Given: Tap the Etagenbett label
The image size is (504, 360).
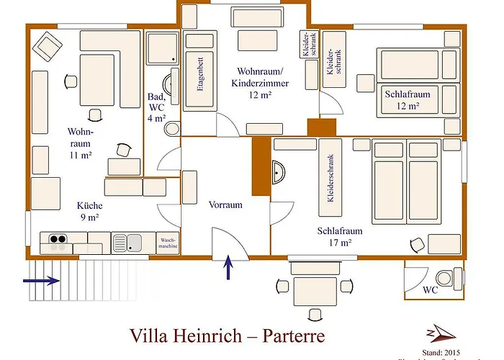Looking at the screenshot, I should pos(199,81).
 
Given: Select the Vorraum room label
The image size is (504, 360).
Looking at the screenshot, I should pos(225,204).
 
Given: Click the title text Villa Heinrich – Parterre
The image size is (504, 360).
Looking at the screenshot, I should pos(227,336).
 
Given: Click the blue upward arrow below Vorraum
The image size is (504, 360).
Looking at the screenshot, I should pos(229,267).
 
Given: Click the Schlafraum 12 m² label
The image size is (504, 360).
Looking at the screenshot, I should pos(408,100).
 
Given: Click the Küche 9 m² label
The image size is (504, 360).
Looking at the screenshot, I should pos(89,211).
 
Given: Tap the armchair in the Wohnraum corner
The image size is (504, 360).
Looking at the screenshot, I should pos(48,47).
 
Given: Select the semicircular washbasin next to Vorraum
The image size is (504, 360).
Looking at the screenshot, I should pos(279,173).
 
